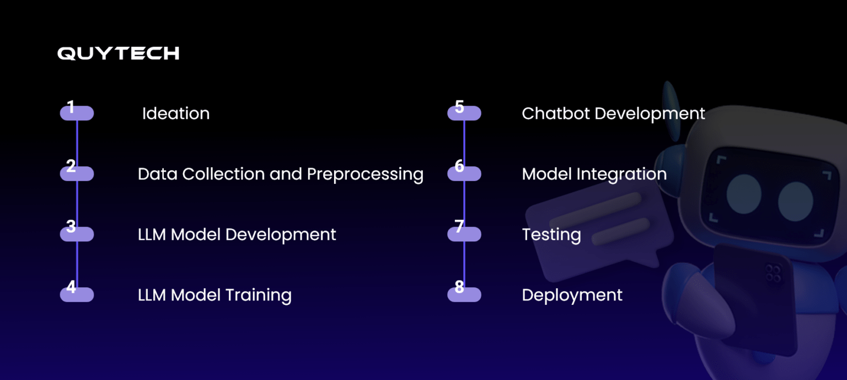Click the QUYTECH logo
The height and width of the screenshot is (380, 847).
118,53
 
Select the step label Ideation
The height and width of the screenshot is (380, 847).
175,114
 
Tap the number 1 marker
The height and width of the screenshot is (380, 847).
77,112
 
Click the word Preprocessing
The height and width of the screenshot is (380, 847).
365,175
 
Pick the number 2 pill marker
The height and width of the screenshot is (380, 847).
77,172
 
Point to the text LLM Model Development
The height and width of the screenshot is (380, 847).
237,235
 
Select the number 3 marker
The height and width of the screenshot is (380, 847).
77,233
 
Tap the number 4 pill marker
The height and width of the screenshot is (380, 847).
77,293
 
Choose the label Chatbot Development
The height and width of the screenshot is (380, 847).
613,114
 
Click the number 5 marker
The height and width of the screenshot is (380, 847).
464,112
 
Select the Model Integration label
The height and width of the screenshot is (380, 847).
594,175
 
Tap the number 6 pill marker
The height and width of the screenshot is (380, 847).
464,172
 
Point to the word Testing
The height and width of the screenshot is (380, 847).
551,235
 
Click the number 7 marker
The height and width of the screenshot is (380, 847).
464,233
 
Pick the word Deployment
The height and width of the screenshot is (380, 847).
572,295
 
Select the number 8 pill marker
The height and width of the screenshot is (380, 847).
464,293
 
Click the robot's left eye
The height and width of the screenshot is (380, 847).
743,194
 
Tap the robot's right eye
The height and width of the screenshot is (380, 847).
795,200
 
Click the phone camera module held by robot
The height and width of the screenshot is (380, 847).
773,272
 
